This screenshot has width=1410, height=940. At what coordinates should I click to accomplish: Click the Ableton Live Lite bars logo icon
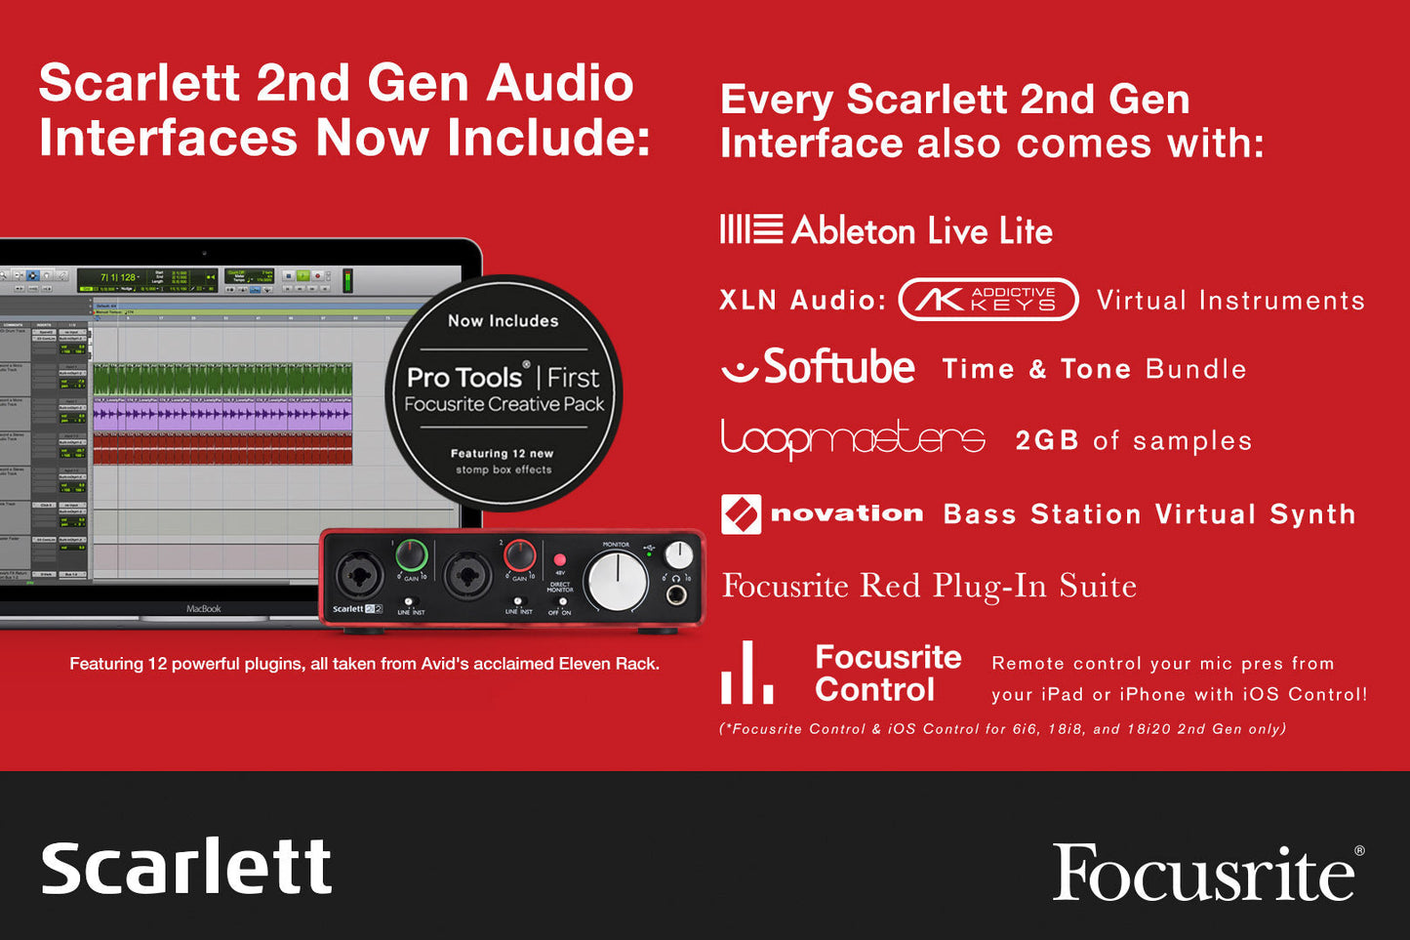tap(750, 229)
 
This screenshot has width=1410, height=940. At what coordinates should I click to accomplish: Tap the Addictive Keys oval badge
tap(987, 300)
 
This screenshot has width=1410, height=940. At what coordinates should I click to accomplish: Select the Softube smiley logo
tap(740, 369)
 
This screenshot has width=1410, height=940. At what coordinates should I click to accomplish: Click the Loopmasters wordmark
tap(853, 439)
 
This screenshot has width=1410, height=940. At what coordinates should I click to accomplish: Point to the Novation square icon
tap(741, 513)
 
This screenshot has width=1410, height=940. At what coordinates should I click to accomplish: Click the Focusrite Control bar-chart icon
tap(746, 674)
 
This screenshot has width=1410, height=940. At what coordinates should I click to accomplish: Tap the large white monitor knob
tap(616, 581)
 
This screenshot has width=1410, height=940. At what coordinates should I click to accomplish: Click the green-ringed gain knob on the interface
tap(412, 556)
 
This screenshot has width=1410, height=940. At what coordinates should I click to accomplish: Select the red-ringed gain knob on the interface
tap(519, 556)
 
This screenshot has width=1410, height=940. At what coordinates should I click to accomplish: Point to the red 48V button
tap(560, 560)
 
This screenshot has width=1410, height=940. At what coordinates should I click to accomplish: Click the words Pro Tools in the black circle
tap(464, 377)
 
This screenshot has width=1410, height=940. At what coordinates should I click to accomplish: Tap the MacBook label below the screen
tap(203, 609)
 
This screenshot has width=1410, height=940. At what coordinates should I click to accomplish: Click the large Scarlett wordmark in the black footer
tap(186, 867)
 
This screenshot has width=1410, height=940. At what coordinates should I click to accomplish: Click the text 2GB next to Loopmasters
tap(1046, 440)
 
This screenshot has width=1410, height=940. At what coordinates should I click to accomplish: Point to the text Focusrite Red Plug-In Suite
tap(929, 586)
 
